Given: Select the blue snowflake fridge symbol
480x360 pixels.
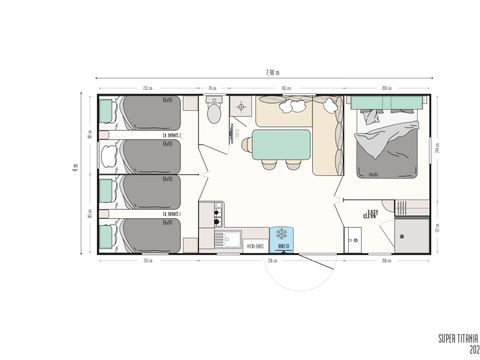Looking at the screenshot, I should [283, 234].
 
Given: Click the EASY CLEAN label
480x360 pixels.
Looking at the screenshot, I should [372, 213].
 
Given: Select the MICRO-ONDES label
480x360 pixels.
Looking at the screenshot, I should [253, 244].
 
